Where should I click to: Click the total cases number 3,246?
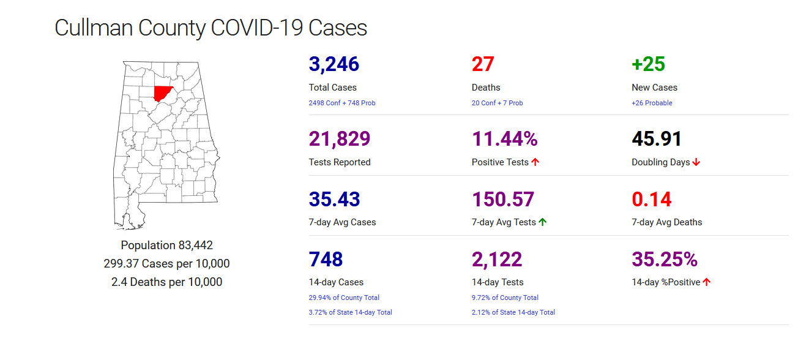click(334, 64)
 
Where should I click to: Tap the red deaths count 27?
click(483, 64)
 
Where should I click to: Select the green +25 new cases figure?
click(648, 64)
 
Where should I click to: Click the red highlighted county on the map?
click(163, 93)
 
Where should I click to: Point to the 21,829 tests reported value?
click(340, 139)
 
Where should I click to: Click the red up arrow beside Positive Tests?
click(535, 162)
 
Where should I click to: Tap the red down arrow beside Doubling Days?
click(696, 162)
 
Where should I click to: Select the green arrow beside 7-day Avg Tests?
click(543, 222)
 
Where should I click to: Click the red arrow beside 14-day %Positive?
click(707, 282)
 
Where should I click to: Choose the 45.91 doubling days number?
click(657, 139)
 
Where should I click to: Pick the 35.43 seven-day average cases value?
click(334, 199)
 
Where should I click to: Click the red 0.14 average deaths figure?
click(651, 199)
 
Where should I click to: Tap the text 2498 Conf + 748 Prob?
click(342, 103)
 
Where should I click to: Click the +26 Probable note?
click(652, 103)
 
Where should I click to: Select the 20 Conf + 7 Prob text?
click(497, 103)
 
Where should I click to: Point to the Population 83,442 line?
click(166, 246)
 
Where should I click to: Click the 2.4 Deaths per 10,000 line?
click(166, 282)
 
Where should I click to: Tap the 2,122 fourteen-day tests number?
click(497, 259)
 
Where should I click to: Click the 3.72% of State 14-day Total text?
click(350, 312)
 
